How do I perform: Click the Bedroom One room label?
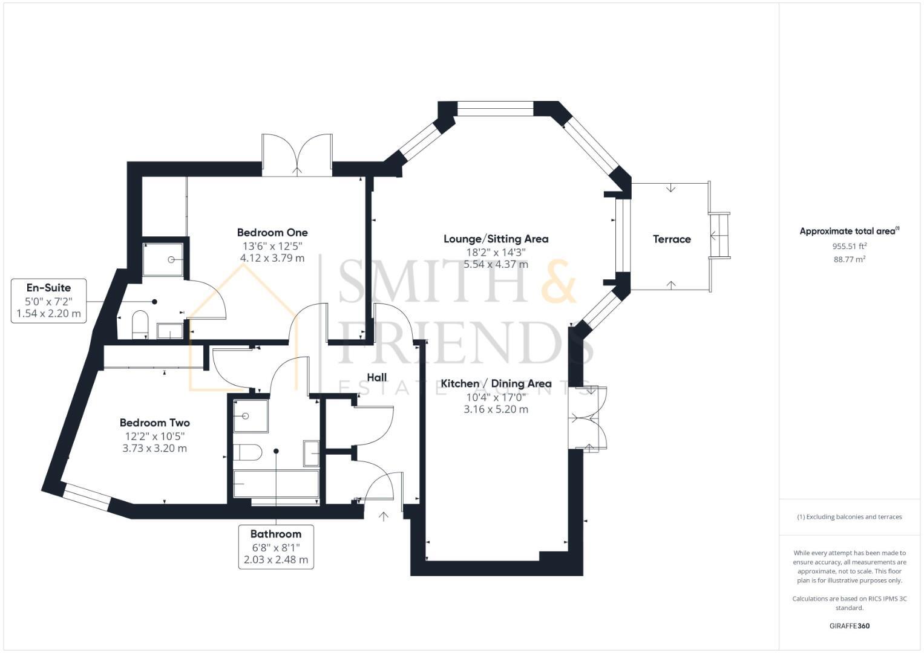[x=272, y=233]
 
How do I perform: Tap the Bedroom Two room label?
[x=154, y=423]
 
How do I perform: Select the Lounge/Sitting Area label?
[x=496, y=239]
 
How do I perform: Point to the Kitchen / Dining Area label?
[x=496, y=383]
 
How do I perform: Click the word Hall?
[x=376, y=377]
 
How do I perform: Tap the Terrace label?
[x=671, y=239]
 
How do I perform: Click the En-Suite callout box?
[x=48, y=301]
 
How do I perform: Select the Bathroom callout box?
[x=276, y=547]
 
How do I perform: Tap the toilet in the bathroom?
[x=247, y=452]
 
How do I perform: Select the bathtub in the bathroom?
[x=276, y=484]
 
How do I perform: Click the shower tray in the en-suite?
[x=163, y=259]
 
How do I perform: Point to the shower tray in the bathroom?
[x=251, y=416]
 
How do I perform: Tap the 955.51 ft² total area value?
[x=849, y=246]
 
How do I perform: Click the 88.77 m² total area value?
[x=849, y=259]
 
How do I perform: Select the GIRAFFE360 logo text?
[x=849, y=626]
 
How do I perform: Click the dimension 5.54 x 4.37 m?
[x=496, y=264]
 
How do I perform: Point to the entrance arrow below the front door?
[x=384, y=516]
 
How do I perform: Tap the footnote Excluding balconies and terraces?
[x=849, y=517]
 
